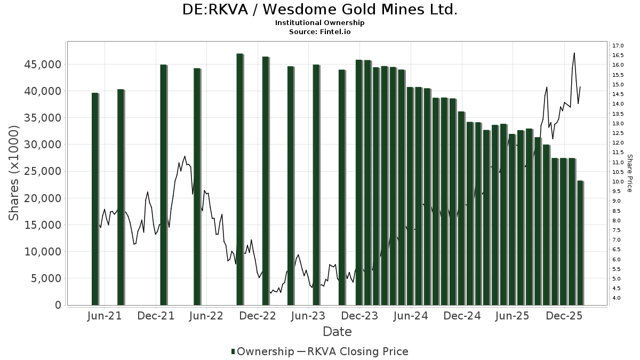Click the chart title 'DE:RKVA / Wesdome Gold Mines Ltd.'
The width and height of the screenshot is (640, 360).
pos(320,10)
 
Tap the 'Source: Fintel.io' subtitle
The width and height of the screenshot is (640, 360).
pos(320,31)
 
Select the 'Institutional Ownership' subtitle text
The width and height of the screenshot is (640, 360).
pos(320,23)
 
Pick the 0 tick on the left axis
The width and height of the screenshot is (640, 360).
pos(58,305)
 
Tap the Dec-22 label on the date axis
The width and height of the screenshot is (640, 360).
pos(258,316)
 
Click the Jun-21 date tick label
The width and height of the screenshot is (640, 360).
pos(105,316)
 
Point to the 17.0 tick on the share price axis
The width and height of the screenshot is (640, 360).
pos(619,45)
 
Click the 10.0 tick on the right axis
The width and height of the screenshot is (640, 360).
pos(619,181)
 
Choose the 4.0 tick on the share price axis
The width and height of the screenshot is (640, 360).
pos(617,298)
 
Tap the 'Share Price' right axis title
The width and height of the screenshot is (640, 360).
pos(629,173)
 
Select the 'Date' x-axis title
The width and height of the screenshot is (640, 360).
pos(337,332)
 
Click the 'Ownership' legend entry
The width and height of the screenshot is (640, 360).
pos(262,351)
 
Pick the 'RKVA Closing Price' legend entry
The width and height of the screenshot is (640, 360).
pos(353,351)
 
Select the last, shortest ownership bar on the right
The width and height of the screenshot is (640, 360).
pos(580,243)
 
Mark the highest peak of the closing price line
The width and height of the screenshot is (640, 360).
pos(574,53)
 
